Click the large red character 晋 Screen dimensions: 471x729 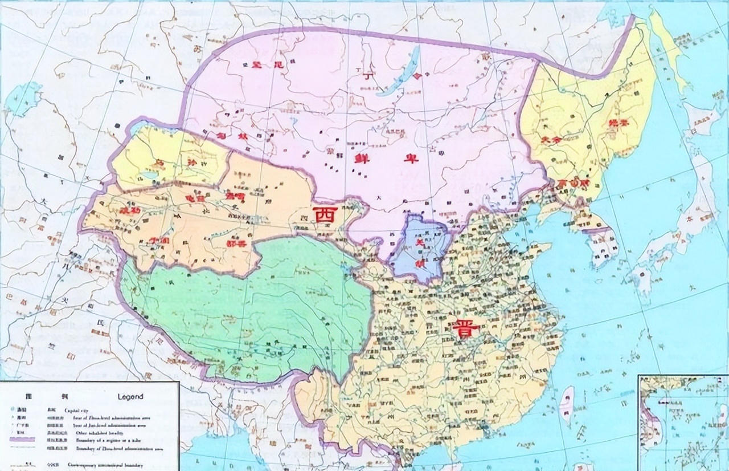466,329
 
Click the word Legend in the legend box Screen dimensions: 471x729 130,396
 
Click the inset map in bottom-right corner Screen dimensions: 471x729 682,422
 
